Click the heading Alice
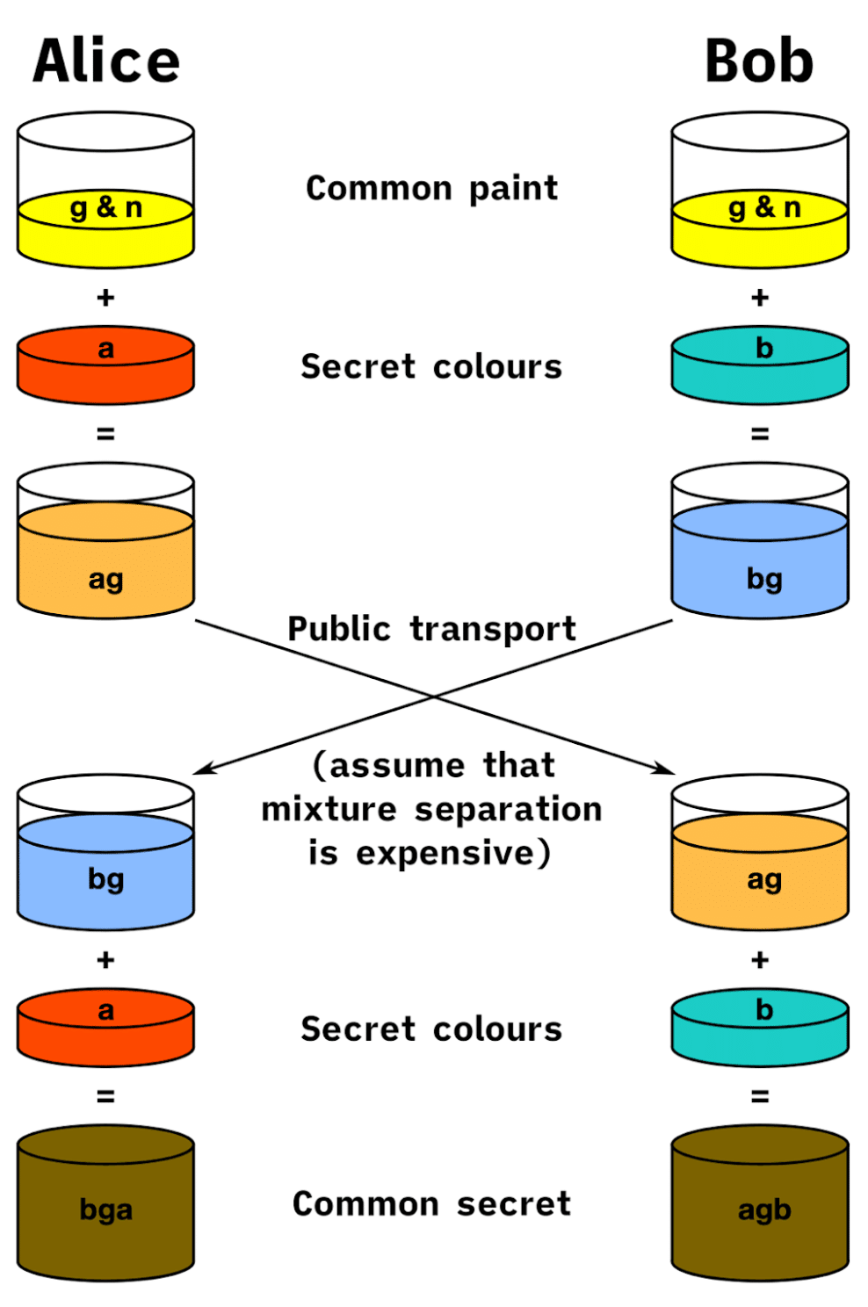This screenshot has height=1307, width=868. pyautogui.click(x=106, y=61)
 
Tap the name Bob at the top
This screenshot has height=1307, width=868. pyautogui.click(x=759, y=61)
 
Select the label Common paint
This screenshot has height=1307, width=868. pyautogui.click(x=431, y=188)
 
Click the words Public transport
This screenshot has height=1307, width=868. pyautogui.click(x=431, y=629)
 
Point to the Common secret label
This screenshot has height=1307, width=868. pyautogui.click(x=431, y=1203)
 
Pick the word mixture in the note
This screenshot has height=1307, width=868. pyautogui.click(x=329, y=809)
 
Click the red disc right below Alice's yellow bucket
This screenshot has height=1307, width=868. pyautogui.click(x=105, y=365)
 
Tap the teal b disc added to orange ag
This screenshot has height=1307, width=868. pyautogui.click(x=760, y=1027)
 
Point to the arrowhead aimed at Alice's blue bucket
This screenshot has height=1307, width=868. pyautogui.click(x=201, y=770)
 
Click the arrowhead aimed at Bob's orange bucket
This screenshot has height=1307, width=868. pyautogui.click(x=666, y=770)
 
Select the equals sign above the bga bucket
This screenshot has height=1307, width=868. pyautogui.click(x=105, y=1096)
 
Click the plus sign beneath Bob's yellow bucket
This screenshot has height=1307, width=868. pyautogui.click(x=760, y=298)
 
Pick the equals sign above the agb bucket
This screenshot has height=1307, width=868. pyautogui.click(x=760, y=1096)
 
